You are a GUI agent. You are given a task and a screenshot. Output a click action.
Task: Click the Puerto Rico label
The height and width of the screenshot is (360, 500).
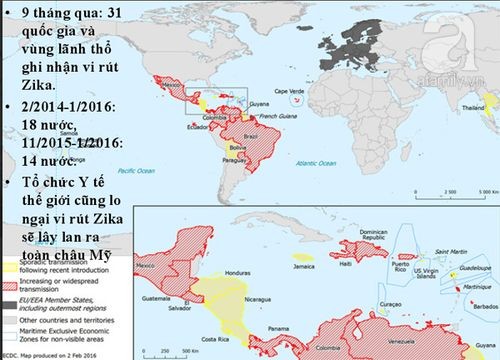click(404, 263)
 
